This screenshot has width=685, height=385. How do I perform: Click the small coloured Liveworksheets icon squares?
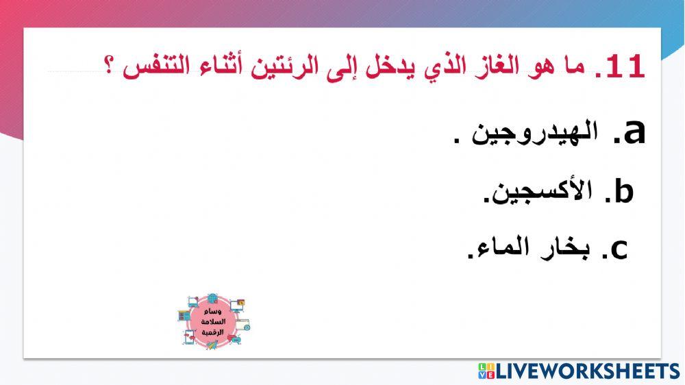coord(486,371)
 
